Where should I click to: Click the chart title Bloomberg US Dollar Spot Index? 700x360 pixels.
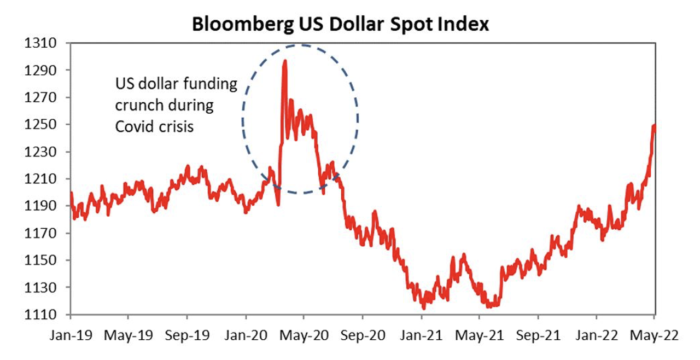pos(340,24)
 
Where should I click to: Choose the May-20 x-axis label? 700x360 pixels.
pos(304,335)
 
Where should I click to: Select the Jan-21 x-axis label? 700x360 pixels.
pos(421,335)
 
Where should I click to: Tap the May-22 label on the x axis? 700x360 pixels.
pos(654,335)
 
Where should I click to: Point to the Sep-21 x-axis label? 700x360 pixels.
pos(537,335)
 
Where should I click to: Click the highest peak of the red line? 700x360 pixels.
pos(285,61)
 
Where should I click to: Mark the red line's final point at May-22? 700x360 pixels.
pos(655,126)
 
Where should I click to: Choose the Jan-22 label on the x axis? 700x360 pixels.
pos(596,335)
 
